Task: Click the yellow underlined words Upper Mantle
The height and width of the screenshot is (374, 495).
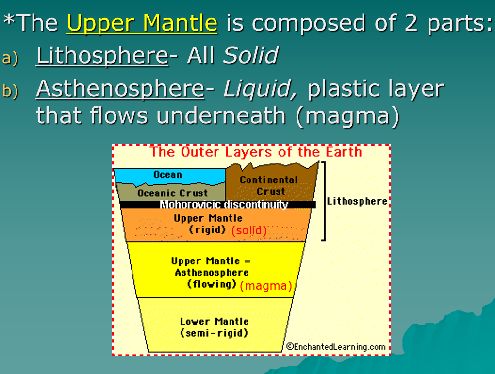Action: click(142, 23)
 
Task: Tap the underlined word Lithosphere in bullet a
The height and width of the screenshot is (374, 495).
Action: click(102, 56)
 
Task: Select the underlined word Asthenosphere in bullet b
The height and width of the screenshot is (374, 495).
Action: click(120, 89)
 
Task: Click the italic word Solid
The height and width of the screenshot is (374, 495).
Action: click(250, 56)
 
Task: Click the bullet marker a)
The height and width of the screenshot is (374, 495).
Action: click(10, 58)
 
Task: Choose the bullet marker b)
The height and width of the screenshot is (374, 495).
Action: click(10, 91)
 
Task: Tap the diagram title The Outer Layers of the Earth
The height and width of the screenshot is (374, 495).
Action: click(256, 152)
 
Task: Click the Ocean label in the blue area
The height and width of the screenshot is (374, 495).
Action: click(167, 175)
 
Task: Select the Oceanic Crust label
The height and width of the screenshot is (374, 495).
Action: click(166, 193)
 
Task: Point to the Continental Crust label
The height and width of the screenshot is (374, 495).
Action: click(269, 185)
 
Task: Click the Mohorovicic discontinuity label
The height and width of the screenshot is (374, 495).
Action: click(224, 205)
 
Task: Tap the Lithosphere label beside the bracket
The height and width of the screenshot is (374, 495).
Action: click(357, 201)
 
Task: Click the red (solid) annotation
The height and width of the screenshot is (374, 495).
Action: click(248, 231)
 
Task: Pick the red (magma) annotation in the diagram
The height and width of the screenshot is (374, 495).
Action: click(266, 286)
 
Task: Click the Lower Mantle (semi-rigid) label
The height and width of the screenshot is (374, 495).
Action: click(214, 327)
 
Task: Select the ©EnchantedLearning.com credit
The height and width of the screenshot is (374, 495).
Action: click(336, 346)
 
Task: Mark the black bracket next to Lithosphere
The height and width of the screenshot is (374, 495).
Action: click(324, 201)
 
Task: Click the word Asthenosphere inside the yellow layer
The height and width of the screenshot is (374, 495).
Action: click(212, 273)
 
